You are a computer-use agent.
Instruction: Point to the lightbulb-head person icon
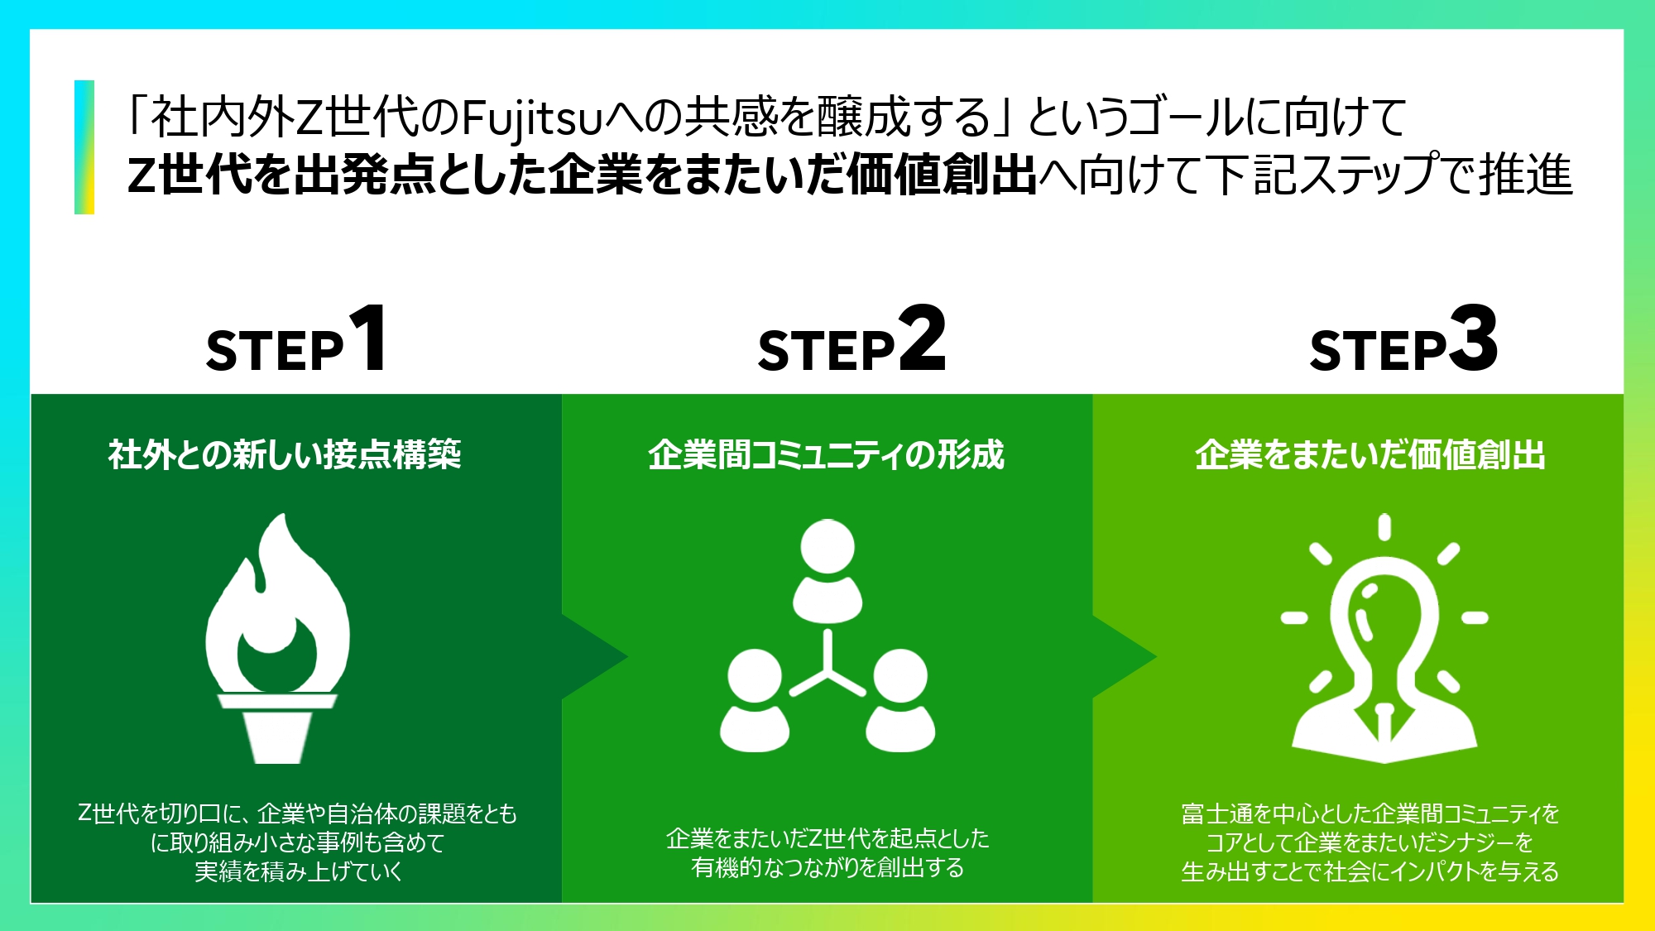click(x=1384, y=638)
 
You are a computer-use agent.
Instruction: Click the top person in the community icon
click(x=827, y=571)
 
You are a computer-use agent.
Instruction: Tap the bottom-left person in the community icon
click(x=754, y=700)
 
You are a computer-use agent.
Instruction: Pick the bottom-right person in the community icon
click(x=900, y=700)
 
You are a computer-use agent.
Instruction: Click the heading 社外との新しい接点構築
click(x=285, y=454)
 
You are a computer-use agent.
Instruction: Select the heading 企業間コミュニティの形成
click(x=826, y=454)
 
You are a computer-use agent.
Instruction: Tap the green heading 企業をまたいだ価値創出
click(x=1370, y=454)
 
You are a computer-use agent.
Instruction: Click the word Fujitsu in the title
click(x=530, y=118)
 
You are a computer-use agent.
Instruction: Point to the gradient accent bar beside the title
click(x=84, y=147)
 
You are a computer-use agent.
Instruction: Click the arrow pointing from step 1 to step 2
click(x=595, y=657)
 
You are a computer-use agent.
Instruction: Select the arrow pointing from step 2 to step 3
click(x=1125, y=657)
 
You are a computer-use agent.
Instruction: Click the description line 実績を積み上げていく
click(x=298, y=871)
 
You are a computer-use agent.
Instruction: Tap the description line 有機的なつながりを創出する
click(x=827, y=867)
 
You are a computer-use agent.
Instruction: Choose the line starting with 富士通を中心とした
click(x=1370, y=813)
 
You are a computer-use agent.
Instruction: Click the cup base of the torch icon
click(x=278, y=728)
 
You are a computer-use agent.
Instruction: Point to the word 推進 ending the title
click(x=1527, y=175)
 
